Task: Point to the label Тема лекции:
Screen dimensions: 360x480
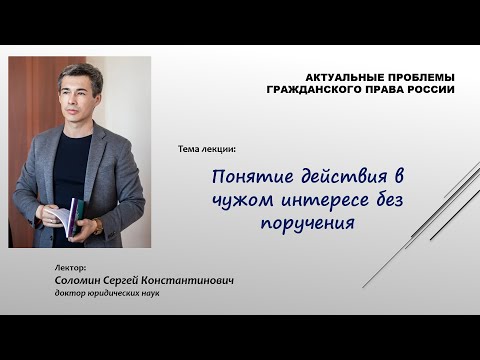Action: [x=206, y=149]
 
